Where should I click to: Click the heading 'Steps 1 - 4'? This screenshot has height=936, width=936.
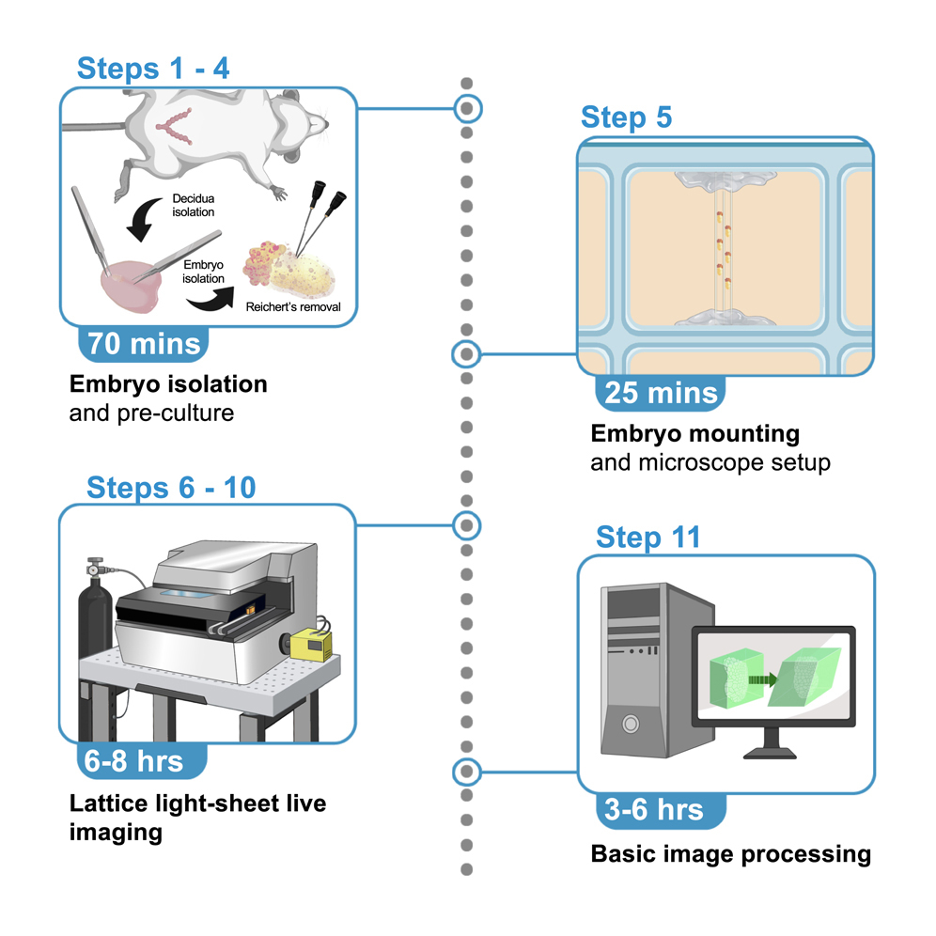tap(152, 69)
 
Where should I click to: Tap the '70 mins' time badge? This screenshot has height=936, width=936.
tap(145, 343)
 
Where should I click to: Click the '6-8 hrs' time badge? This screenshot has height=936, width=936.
tap(133, 760)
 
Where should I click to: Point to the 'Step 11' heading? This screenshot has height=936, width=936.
tap(647, 538)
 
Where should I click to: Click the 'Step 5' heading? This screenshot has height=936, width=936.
tap(626, 117)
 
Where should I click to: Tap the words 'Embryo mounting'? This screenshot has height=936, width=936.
tap(694, 434)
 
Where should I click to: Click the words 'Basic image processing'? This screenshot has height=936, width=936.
tap(730, 854)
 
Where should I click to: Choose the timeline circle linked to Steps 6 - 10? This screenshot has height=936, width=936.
tap(466, 523)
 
